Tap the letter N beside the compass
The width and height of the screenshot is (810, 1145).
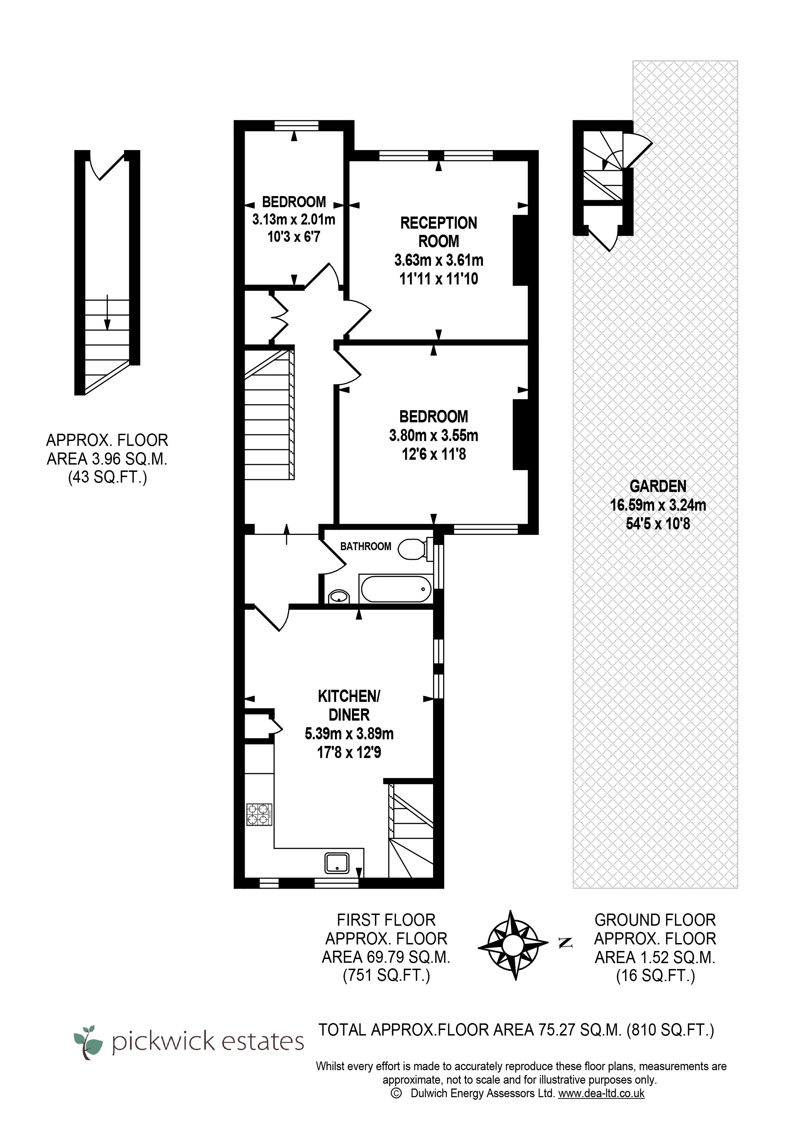565,943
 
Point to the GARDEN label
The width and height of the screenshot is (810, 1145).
658,486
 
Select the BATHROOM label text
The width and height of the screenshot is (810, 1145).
366,547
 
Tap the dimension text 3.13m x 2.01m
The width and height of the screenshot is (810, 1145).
294,219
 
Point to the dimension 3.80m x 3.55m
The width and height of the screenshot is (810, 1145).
433,435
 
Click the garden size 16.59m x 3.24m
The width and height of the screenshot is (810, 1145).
658,505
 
